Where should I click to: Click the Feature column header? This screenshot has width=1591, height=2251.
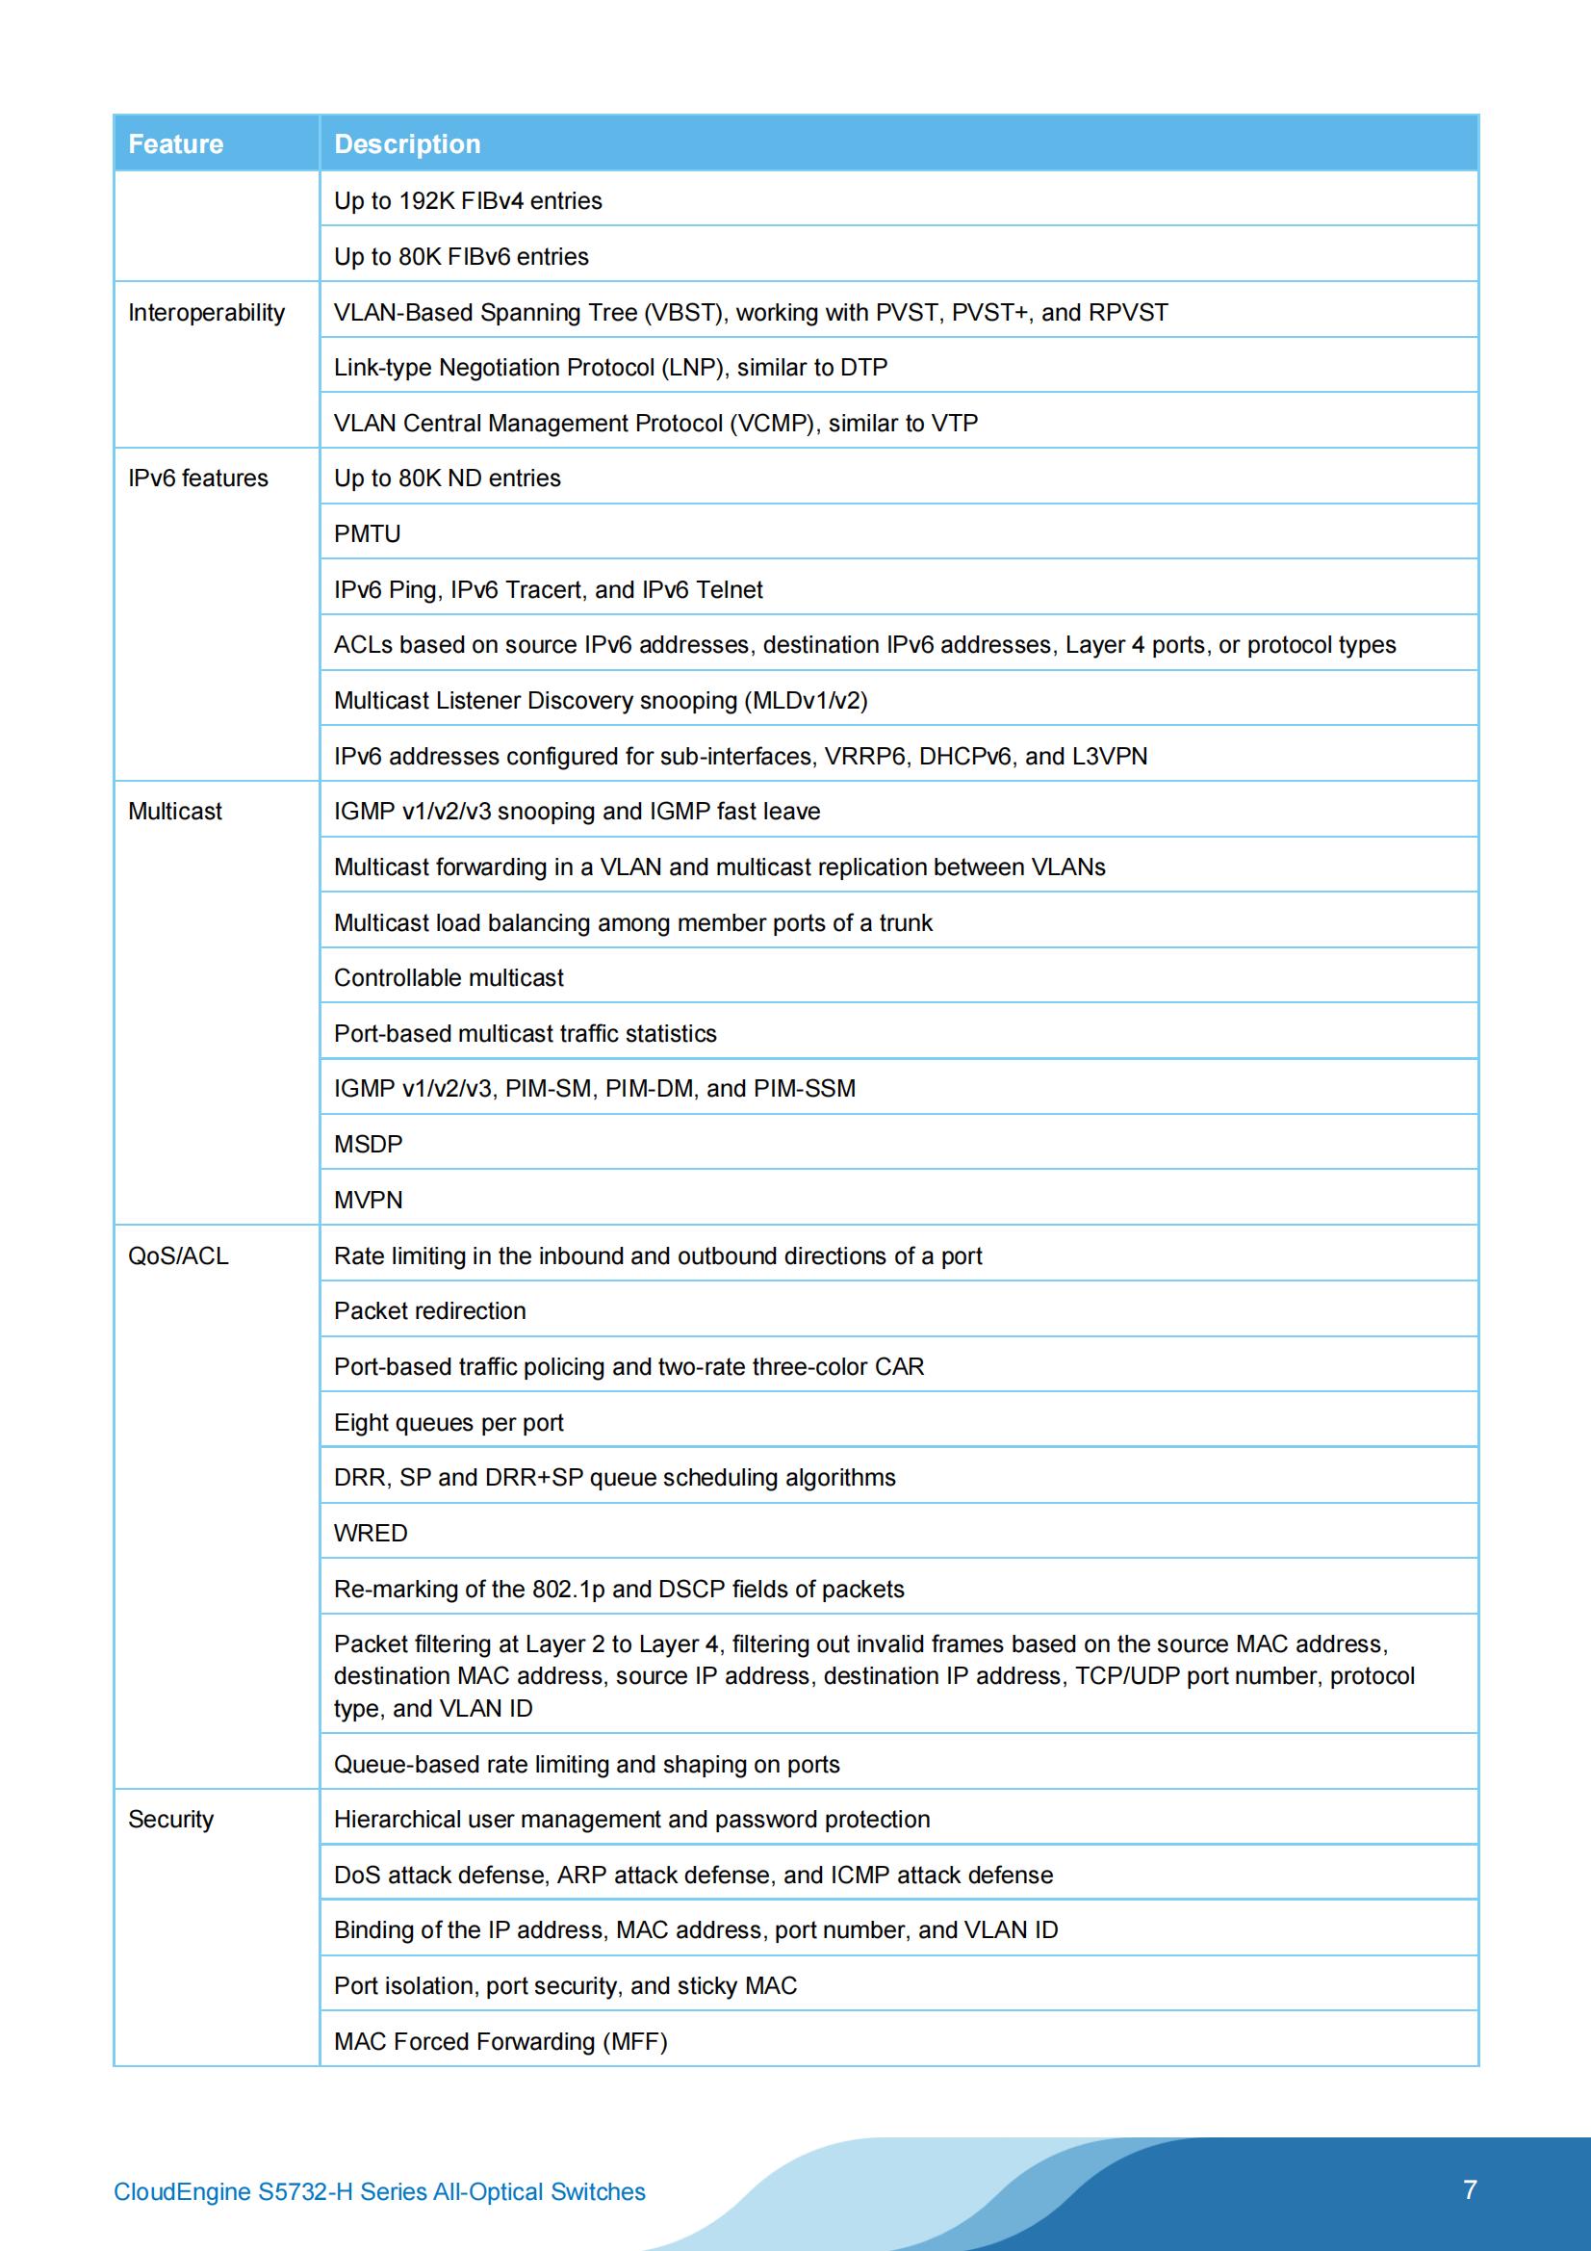tap(175, 144)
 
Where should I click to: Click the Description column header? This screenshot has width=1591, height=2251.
tap(407, 144)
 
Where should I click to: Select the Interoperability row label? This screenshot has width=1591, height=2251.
tap(206, 313)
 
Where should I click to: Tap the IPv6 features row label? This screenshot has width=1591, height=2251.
tap(198, 479)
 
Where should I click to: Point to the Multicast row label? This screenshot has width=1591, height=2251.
tap(174, 812)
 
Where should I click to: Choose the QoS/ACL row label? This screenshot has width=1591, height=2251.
tap(178, 1255)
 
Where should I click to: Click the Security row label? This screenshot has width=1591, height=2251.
tap(170, 1820)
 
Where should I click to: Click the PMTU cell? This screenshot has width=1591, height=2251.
tap(368, 534)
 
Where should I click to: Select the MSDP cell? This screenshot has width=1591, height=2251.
tap(369, 1144)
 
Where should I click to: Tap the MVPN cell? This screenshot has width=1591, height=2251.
tap(369, 1200)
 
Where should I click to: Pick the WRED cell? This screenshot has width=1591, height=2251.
tap(371, 1534)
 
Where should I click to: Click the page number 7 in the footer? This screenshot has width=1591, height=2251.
tap(1470, 2190)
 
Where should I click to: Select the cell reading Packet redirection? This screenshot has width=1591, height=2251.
tap(429, 1311)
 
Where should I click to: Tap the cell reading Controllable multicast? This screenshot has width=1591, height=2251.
tap(449, 978)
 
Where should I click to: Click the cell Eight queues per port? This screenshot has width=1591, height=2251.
tap(449, 1423)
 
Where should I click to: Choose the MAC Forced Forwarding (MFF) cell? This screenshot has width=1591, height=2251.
tap(500, 2042)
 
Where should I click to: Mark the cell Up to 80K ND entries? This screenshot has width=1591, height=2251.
tap(447, 479)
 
